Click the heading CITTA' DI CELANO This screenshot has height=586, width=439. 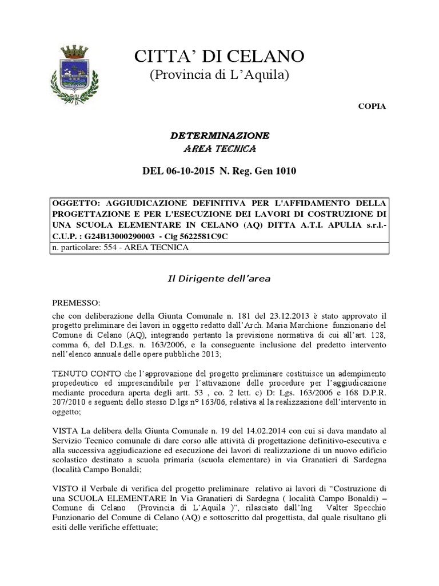point(219,57)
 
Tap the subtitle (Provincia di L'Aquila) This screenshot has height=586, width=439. point(219,75)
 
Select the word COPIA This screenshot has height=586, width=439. point(372,106)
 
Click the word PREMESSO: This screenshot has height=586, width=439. point(76,302)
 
